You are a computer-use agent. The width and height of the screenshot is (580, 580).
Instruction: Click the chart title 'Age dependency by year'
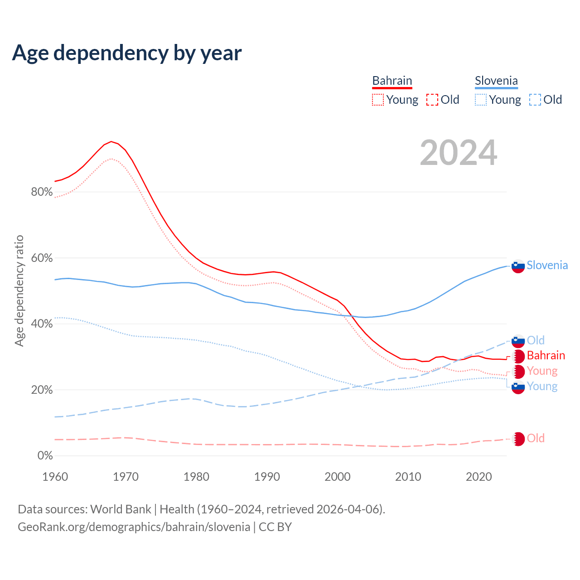point(127,53)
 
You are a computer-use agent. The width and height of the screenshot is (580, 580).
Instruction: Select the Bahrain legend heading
point(392,81)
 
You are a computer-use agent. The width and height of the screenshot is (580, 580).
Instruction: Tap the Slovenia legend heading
point(496,81)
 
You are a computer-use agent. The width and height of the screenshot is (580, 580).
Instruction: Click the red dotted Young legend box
point(378,100)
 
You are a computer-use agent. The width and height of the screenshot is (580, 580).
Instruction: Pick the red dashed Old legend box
point(432,100)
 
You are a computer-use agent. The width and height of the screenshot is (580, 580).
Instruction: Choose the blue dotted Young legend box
point(481,100)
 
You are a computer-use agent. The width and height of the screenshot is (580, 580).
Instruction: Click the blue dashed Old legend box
point(535,100)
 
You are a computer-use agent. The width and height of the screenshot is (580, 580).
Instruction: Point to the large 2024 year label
point(459,153)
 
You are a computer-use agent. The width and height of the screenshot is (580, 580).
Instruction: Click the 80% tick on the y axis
point(42,192)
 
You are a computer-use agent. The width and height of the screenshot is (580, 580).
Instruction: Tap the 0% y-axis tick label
point(45,456)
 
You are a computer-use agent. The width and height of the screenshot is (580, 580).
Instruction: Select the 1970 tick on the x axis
point(126,477)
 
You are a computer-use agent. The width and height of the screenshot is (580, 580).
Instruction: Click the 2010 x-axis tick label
point(408,477)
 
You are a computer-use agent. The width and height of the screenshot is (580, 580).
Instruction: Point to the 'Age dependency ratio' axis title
point(19,290)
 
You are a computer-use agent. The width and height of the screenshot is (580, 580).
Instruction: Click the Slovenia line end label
point(547,265)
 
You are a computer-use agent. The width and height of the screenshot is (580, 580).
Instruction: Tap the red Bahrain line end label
point(546,355)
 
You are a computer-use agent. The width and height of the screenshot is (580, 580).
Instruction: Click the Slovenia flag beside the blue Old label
point(518,341)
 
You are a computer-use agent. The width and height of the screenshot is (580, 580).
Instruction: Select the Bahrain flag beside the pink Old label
point(518,439)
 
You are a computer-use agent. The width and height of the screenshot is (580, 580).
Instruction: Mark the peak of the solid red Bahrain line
point(111,141)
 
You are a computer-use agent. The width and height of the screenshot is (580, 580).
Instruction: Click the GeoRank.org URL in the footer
point(134,527)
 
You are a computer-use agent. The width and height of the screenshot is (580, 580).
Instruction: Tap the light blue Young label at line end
point(542,386)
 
